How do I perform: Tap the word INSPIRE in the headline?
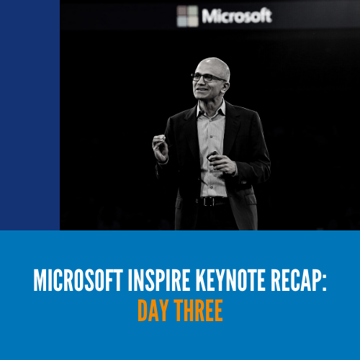coord(159,280)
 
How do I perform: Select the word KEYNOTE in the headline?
coord(230,280)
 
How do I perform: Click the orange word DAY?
coord(153,310)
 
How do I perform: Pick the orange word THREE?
coord(199,310)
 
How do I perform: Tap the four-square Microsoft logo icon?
coord(188,16)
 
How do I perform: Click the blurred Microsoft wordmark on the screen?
coord(237,16)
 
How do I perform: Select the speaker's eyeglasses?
coord(207,77)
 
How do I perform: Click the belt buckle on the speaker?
coord(208,202)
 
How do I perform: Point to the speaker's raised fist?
coord(160,148)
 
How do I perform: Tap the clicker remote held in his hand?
coord(212,156)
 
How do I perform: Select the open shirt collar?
coord(211,108)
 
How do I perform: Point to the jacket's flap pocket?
coord(250,198)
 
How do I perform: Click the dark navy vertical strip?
coord(30,115)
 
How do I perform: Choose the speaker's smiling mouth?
coord(201,90)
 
